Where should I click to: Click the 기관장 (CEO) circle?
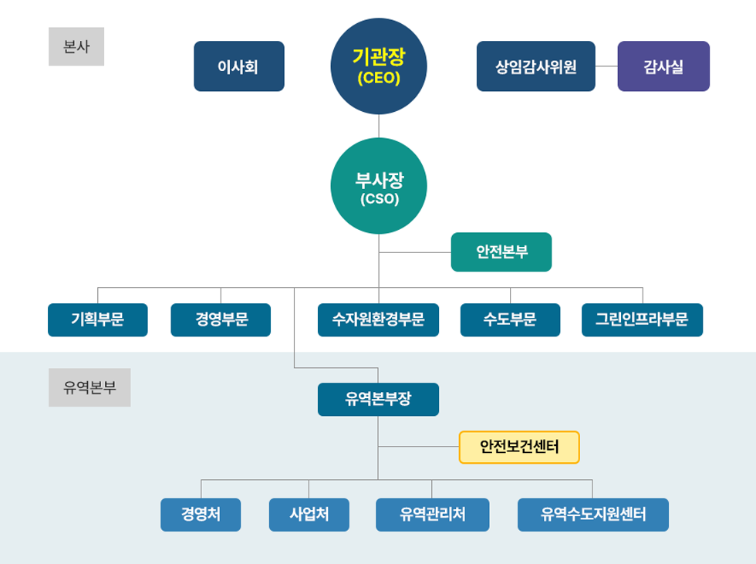click(379, 66)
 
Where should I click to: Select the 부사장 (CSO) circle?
click(379, 186)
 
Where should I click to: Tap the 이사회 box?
click(239, 66)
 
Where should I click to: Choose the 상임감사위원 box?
click(535, 66)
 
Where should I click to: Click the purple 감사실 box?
click(663, 66)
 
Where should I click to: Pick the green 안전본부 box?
click(501, 252)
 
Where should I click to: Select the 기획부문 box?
click(98, 320)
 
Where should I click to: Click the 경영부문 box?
click(221, 320)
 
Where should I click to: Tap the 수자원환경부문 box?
click(378, 320)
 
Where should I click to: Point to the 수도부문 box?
click(510, 320)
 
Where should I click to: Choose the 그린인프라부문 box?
click(643, 320)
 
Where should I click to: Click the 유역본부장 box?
click(378, 400)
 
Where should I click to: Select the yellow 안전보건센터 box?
click(519, 447)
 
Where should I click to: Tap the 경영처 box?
click(201, 515)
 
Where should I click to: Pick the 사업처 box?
click(309, 515)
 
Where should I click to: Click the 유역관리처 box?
click(432, 515)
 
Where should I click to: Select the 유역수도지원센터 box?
click(593, 515)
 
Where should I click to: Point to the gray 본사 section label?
click(76, 47)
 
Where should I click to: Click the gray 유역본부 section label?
click(89, 387)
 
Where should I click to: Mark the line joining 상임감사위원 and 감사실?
click(606, 66)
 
